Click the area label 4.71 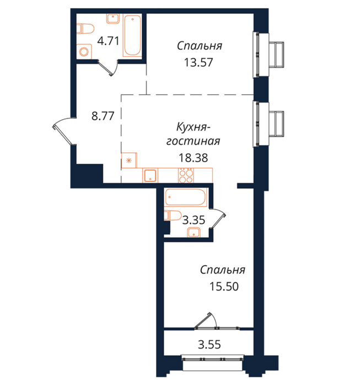point(108,41)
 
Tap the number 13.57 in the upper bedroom point(198,62)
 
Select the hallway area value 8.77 point(103,116)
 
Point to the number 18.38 point(193,158)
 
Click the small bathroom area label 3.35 point(194,220)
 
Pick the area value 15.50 point(224,286)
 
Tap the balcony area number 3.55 point(209,345)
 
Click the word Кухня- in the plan point(193,127)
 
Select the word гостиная point(193,141)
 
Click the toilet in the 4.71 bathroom point(85,29)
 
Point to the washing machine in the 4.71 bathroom point(84,52)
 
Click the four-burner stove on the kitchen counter point(186,175)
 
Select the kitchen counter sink point(150,175)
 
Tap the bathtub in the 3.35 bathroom point(186,197)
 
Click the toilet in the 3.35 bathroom point(173,216)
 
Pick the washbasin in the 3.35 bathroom point(194,232)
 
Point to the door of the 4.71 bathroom point(108,67)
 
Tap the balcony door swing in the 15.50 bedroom point(206,320)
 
